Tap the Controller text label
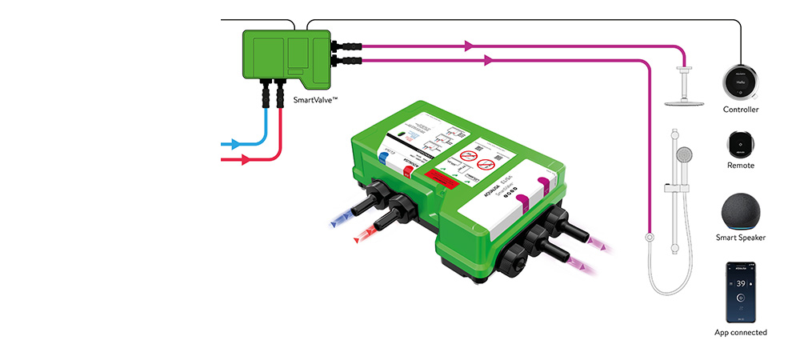741,110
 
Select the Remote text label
741,166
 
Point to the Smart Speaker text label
741,238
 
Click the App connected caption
741,332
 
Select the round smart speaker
741,211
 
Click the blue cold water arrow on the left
234,145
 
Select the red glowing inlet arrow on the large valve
362,236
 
